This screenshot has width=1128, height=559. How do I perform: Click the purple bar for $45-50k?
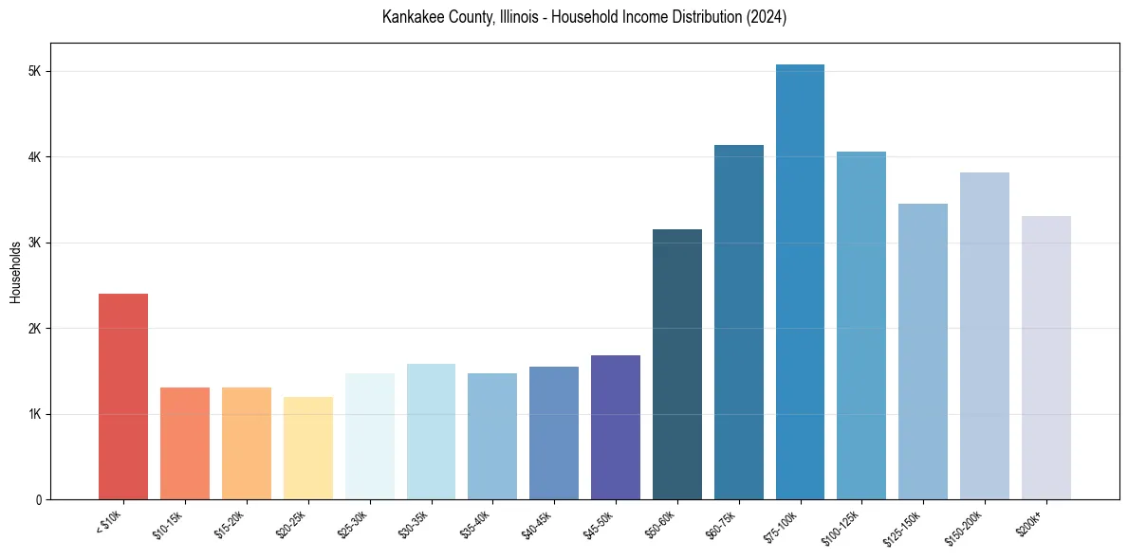click(616, 426)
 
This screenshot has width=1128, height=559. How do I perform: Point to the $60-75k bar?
click(738, 322)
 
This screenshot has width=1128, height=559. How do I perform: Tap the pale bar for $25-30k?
click(369, 436)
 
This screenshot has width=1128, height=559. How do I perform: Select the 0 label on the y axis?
click(37, 500)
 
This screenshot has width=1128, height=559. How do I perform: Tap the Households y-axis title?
click(15, 272)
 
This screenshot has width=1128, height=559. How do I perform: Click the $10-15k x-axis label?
click(170, 522)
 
